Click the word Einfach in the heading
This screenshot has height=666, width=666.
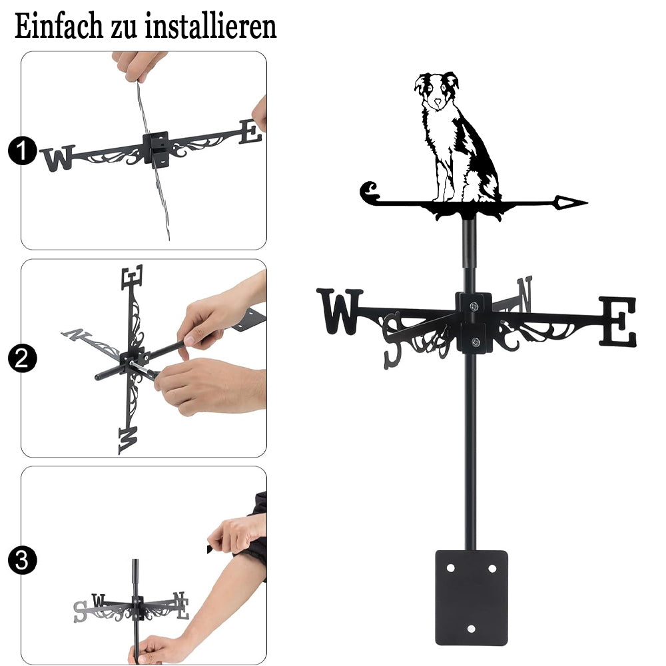(59, 27)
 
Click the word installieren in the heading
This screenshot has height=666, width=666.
(210, 27)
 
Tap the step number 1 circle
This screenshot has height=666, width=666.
(22, 151)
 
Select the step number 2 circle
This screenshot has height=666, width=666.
(22, 358)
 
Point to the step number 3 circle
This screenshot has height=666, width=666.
(22, 560)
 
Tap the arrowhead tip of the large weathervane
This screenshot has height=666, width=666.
(587, 202)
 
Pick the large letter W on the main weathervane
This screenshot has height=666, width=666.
(340, 311)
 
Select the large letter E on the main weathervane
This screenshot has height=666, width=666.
(618, 321)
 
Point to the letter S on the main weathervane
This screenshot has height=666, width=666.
(392, 340)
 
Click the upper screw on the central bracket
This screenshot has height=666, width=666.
(474, 306)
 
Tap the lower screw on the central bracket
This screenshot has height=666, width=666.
(476, 342)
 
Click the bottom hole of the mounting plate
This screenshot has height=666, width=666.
(471, 629)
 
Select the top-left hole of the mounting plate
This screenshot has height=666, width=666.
(450, 568)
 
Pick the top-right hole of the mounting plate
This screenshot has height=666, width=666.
(492, 568)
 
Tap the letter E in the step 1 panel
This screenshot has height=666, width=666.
(250, 132)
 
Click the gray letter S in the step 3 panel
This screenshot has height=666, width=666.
(80, 611)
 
